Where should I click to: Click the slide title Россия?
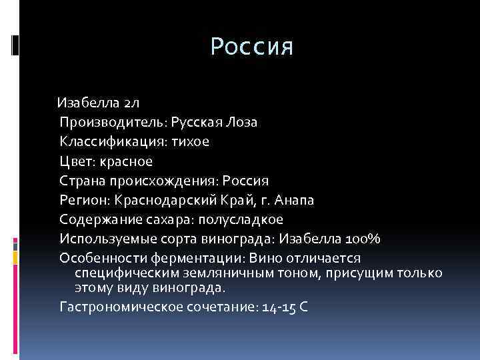pyautogui.click(x=251, y=47)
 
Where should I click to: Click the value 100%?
pyautogui.click(x=362, y=239)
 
